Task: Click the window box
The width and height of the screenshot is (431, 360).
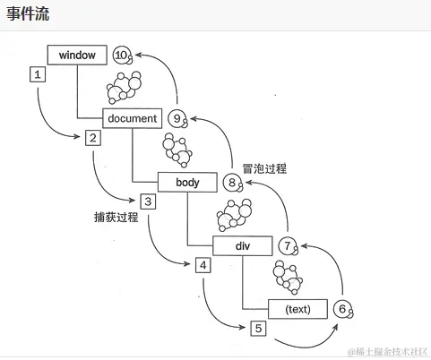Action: coord(77,56)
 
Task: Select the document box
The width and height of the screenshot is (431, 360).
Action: coord(132,118)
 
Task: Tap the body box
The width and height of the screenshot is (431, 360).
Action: coord(188,182)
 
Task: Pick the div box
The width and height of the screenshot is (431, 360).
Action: coord(242,245)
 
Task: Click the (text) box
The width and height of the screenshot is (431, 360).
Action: coord(297,309)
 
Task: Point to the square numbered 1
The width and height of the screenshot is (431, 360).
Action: coord(38,75)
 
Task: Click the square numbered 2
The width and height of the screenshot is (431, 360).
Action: coord(92,138)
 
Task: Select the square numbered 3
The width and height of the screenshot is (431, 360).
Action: coord(148,201)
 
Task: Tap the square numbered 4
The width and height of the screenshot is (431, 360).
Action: coord(203,265)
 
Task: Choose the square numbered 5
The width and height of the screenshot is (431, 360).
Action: coord(258,329)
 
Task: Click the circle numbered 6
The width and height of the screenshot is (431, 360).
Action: coord(341,309)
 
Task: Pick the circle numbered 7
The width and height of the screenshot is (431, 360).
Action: coord(287,245)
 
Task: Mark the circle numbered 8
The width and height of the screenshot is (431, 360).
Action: coord(233,183)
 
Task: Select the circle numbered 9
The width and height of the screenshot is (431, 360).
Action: coord(177,118)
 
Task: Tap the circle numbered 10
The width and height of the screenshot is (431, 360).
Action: coord(123,56)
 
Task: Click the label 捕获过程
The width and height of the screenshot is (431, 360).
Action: coord(116,218)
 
